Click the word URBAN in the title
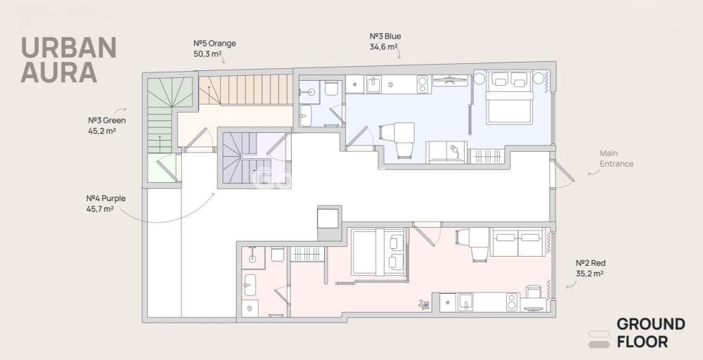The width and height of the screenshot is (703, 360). [x=69, y=48]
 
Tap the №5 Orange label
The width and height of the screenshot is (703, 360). [x=214, y=44]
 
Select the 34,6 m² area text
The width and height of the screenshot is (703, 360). [x=384, y=46]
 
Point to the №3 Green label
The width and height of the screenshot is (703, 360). [x=107, y=120]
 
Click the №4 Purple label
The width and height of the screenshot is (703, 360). [x=106, y=198]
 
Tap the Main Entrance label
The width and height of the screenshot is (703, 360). [x=617, y=159]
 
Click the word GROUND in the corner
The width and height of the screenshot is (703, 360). [x=650, y=324]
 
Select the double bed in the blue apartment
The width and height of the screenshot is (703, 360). [x=509, y=98]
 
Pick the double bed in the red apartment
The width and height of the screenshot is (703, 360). [x=379, y=252]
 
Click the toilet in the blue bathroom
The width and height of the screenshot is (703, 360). [x=331, y=88]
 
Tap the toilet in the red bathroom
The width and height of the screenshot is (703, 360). [x=277, y=254]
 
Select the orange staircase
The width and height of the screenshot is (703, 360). [x=245, y=90]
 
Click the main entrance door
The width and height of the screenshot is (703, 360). [x=564, y=172]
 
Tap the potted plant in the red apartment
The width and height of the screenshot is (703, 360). [x=424, y=304]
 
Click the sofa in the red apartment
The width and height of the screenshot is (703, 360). [x=518, y=243]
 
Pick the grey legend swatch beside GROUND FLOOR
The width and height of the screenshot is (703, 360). [x=598, y=345]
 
